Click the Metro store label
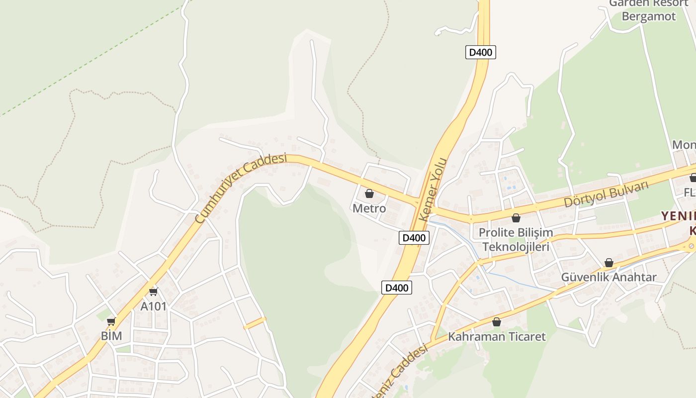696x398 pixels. [x=369, y=208]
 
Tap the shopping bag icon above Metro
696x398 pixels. [x=369, y=194]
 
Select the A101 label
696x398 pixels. [x=153, y=306]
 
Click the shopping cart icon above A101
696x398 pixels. [x=153, y=292]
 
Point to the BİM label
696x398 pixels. [x=111, y=336]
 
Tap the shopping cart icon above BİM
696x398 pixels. [x=111, y=321]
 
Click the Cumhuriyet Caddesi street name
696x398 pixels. [x=241, y=188]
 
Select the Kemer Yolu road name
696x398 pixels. [x=434, y=190]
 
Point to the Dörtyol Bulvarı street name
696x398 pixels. [x=607, y=194]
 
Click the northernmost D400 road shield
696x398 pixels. [x=481, y=52]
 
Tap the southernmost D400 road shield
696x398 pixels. [x=397, y=288]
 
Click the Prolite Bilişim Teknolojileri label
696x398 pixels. [x=516, y=239]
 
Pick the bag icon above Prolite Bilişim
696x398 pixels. [x=516, y=218]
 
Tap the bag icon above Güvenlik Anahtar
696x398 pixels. [x=609, y=263]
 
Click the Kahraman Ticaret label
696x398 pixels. [x=497, y=336]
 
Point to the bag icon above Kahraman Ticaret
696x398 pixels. [x=496, y=322]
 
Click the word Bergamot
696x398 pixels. [x=649, y=16]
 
